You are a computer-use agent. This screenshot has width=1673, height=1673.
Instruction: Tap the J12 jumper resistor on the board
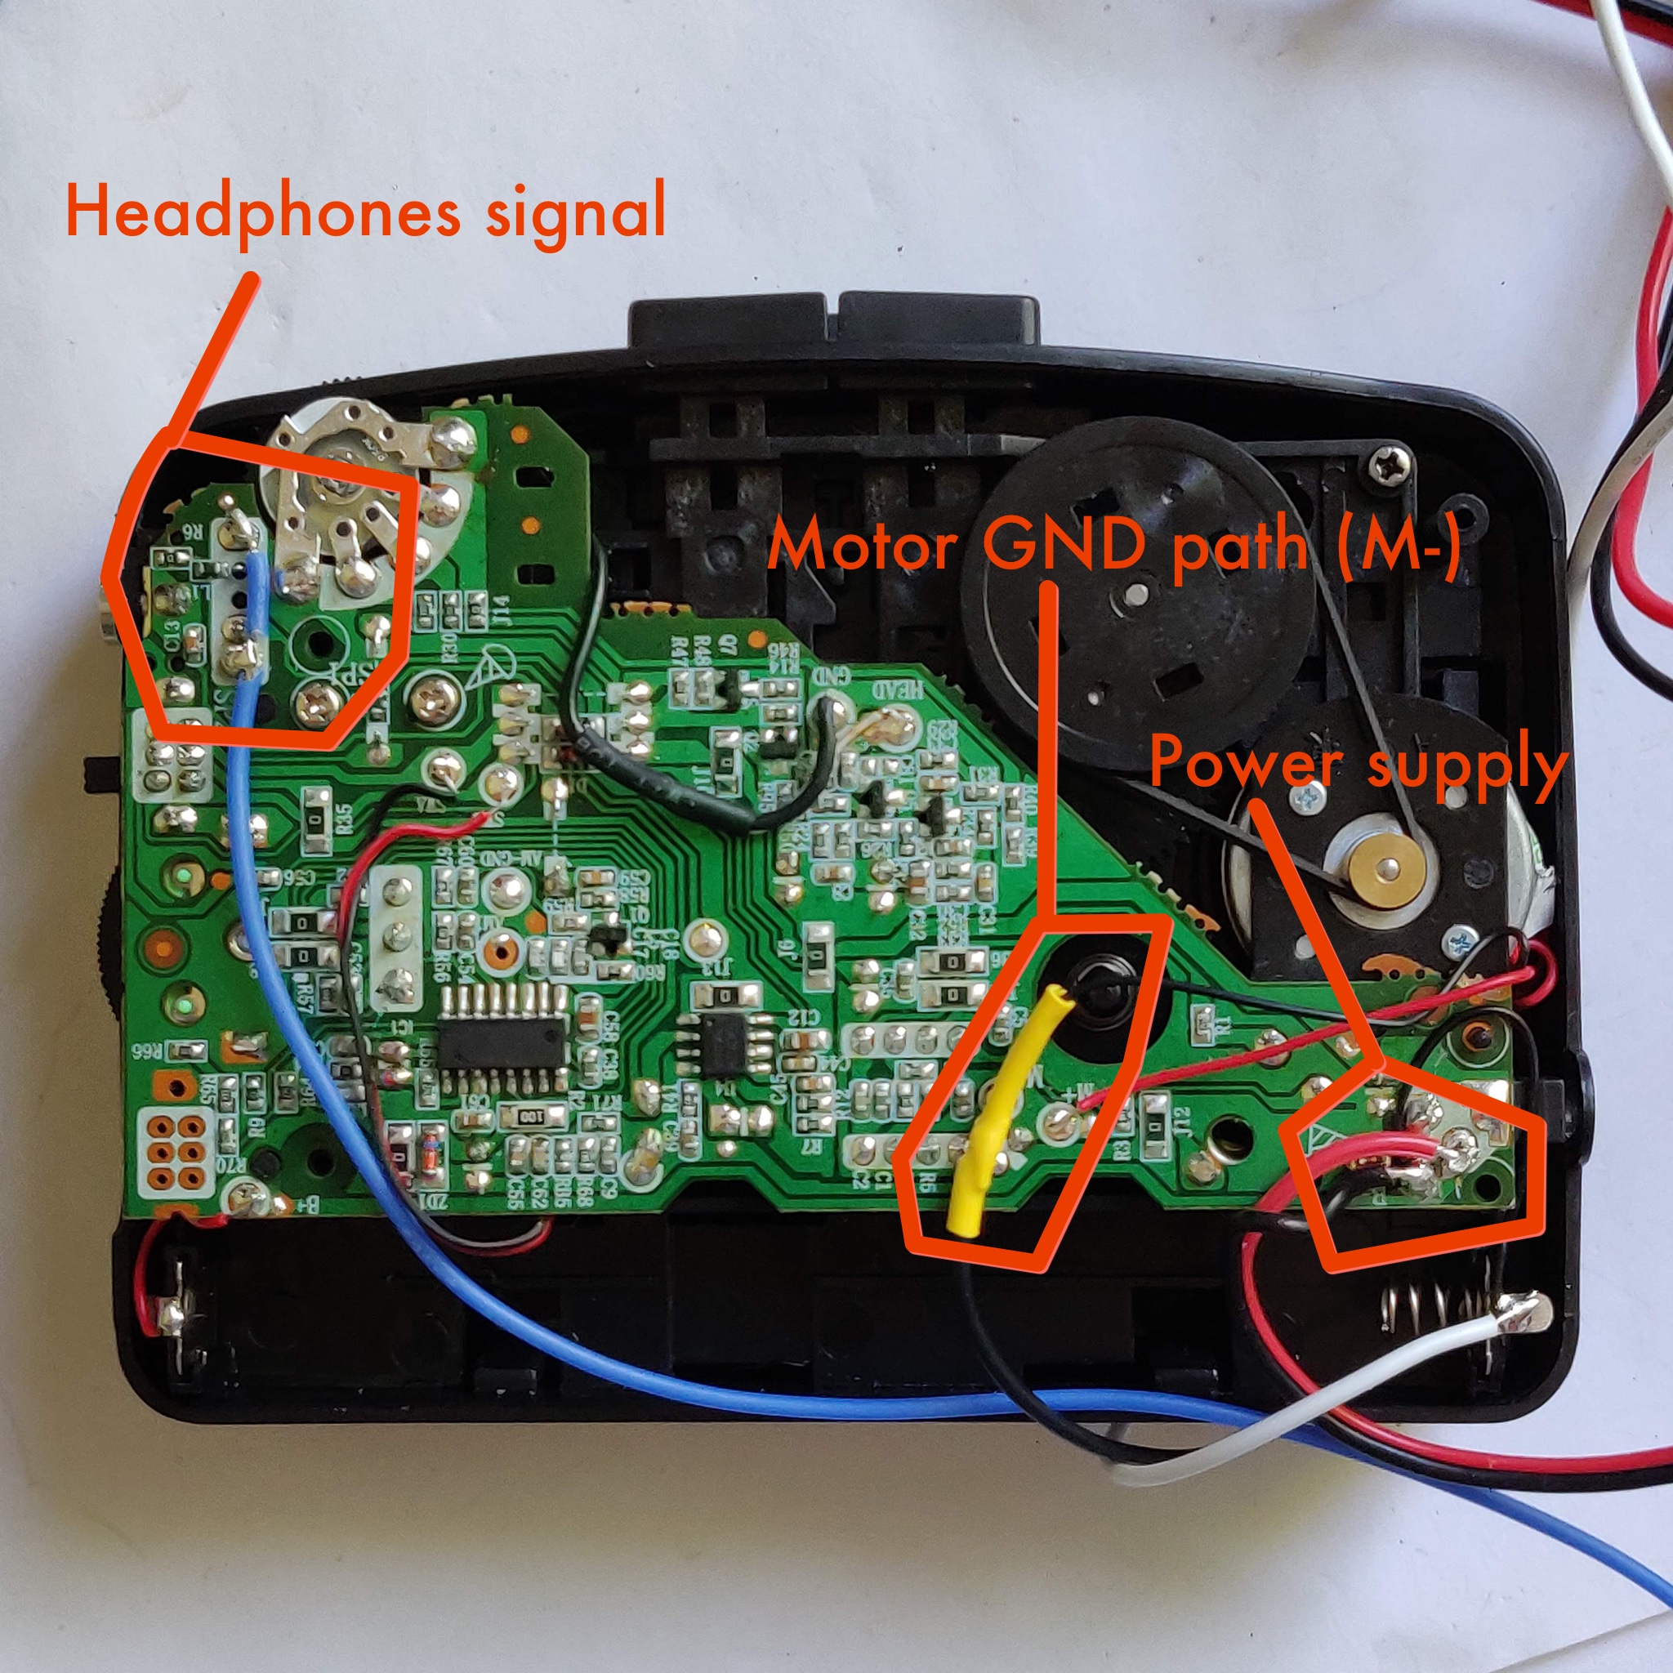(x=1155, y=1117)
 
